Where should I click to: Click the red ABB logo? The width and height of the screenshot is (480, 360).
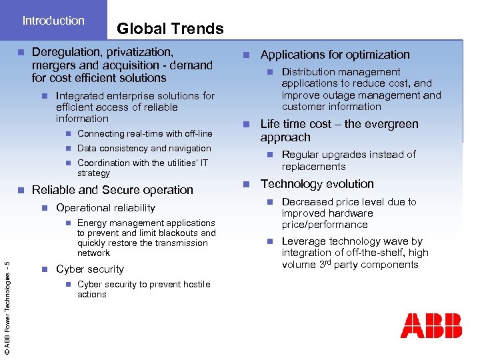point(431,325)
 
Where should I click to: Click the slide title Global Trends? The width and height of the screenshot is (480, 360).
point(170,29)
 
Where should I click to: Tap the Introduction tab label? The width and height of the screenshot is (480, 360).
point(53,21)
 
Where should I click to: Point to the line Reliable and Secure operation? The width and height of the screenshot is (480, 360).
point(113,190)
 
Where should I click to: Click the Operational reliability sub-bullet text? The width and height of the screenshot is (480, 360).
point(105,208)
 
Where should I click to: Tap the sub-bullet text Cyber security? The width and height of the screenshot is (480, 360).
point(90,269)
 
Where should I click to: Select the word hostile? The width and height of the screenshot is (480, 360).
point(195,285)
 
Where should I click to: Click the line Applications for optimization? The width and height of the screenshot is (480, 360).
point(335,55)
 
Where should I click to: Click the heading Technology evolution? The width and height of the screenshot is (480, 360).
point(317,184)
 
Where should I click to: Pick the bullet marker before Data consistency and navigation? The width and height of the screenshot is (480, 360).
point(67,149)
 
